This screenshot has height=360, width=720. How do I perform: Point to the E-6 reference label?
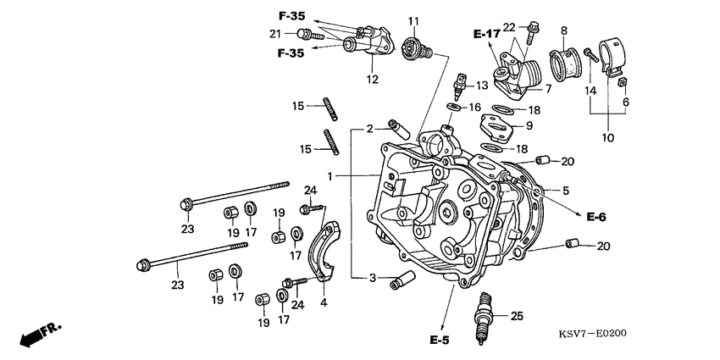595,218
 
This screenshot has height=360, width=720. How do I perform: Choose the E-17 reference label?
486,34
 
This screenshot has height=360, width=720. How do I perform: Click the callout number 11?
413,20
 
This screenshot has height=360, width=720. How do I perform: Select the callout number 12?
372,80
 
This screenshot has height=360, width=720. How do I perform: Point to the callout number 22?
508,29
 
